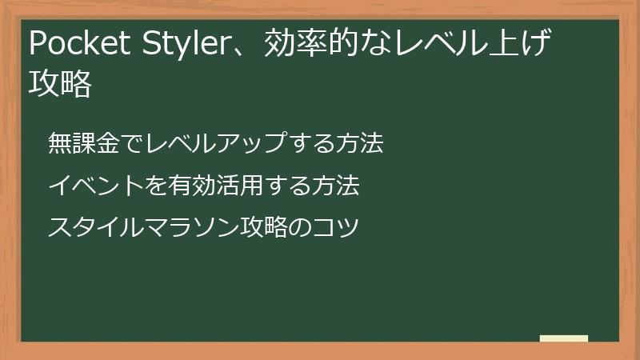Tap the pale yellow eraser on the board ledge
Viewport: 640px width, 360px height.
564,338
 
